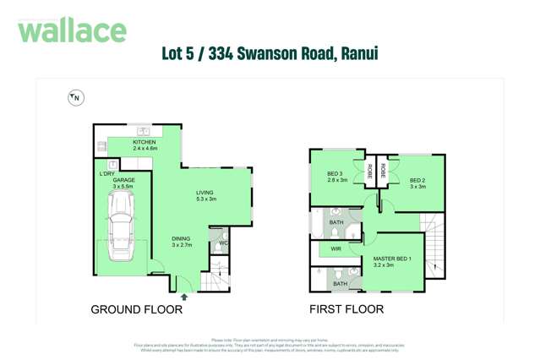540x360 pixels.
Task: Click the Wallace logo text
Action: pos(72,31)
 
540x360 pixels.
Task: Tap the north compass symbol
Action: pos(75,98)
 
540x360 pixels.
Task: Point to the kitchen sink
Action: pos(145,131)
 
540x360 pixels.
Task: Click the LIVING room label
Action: pos(205,193)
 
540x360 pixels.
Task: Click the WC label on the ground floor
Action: pos(223,244)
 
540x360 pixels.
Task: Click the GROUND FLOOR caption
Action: pos(136,310)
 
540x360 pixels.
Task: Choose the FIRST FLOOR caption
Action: pos(347,310)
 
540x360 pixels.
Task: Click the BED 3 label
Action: pos(338,175)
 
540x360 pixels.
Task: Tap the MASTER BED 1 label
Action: pos(390,259)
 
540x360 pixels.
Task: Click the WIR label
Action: pos(335,248)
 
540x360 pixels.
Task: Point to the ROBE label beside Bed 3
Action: pos(369,172)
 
